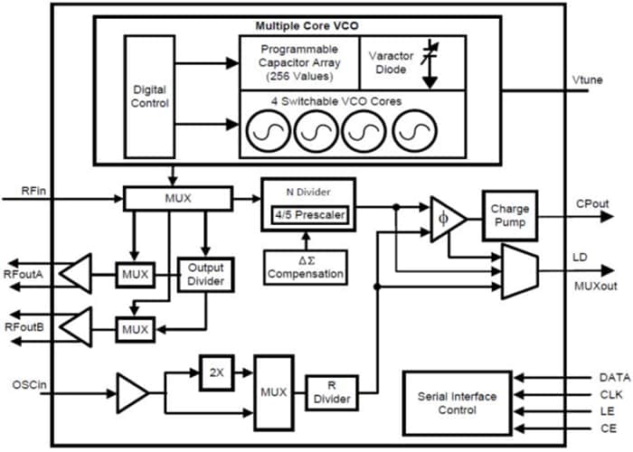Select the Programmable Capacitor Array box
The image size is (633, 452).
pyautogui.click(x=298, y=61)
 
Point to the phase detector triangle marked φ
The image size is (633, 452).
pyautogui.click(x=446, y=217)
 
